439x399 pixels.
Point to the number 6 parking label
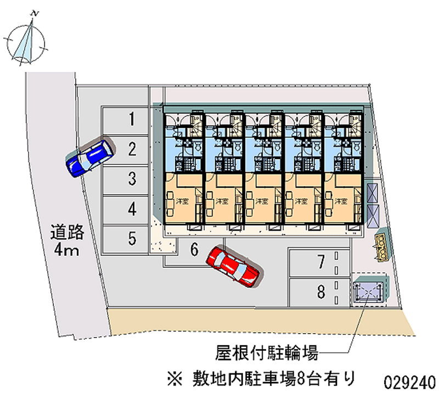(194, 250)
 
